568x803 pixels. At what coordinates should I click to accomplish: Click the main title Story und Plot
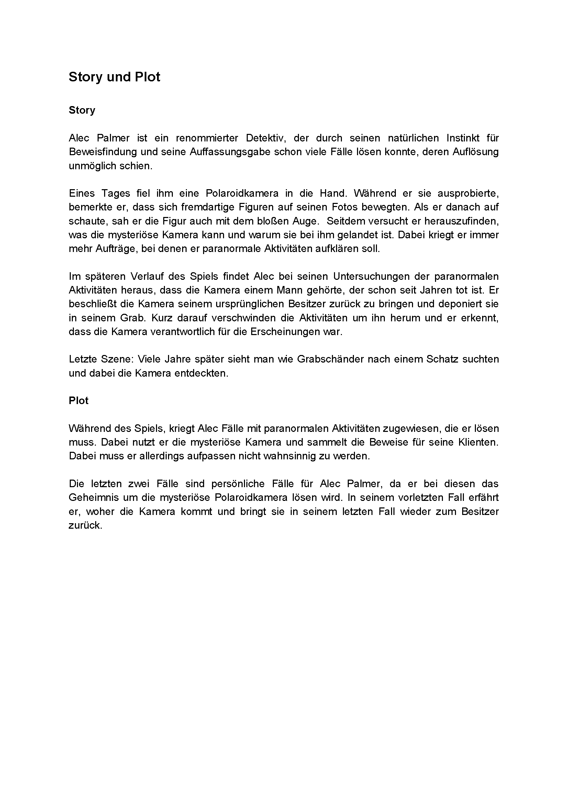(x=114, y=77)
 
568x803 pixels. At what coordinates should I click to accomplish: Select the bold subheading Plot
(x=78, y=400)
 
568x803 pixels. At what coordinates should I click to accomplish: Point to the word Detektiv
(x=266, y=138)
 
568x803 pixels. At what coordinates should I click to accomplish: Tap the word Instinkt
(x=463, y=138)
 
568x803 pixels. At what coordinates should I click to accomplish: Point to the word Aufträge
(x=116, y=249)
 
